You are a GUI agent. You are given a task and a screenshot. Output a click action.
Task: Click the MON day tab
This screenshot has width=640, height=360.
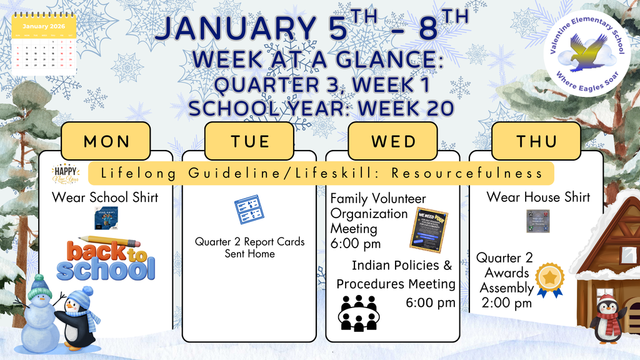[x=106, y=141]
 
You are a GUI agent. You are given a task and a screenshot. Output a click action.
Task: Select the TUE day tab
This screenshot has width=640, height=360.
[x=249, y=141]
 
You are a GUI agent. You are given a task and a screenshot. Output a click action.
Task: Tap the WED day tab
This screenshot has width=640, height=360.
[x=392, y=141]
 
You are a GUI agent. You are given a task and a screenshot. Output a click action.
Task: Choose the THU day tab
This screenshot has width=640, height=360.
[x=536, y=141]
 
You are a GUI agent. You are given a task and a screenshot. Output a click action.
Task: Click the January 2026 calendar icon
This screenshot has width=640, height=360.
[x=44, y=45]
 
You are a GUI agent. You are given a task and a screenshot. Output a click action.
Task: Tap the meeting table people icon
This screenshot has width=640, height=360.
[x=358, y=312]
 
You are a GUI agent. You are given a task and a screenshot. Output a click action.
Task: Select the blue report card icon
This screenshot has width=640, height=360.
[x=249, y=210]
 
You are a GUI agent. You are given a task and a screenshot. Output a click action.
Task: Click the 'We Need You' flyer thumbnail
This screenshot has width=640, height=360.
[x=429, y=229]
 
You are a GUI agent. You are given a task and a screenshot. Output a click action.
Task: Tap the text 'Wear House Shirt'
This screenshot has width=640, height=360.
[x=538, y=197]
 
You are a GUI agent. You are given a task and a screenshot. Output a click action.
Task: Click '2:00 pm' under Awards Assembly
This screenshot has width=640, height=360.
[x=507, y=303]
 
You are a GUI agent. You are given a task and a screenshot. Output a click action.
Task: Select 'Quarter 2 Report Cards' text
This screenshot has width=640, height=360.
[x=249, y=241]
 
